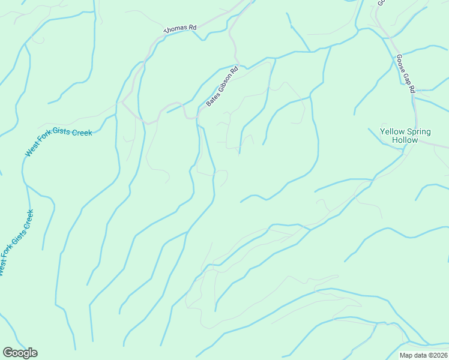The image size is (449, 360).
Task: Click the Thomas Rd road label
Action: tap(181, 28)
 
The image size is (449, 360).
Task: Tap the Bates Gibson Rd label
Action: tap(222, 86)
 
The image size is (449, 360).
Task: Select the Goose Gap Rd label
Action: tap(405, 74)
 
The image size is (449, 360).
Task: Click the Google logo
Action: tap(20, 353)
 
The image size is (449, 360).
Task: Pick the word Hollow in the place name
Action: tap(405, 140)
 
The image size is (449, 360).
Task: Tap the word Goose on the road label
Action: tap(400, 62)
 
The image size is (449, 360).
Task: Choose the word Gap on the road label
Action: tap(406, 76)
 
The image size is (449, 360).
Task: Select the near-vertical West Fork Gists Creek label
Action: tap(16, 242)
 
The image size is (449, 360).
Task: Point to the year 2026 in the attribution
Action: tap(439, 355)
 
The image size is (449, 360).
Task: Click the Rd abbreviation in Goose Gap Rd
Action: tap(412, 88)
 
